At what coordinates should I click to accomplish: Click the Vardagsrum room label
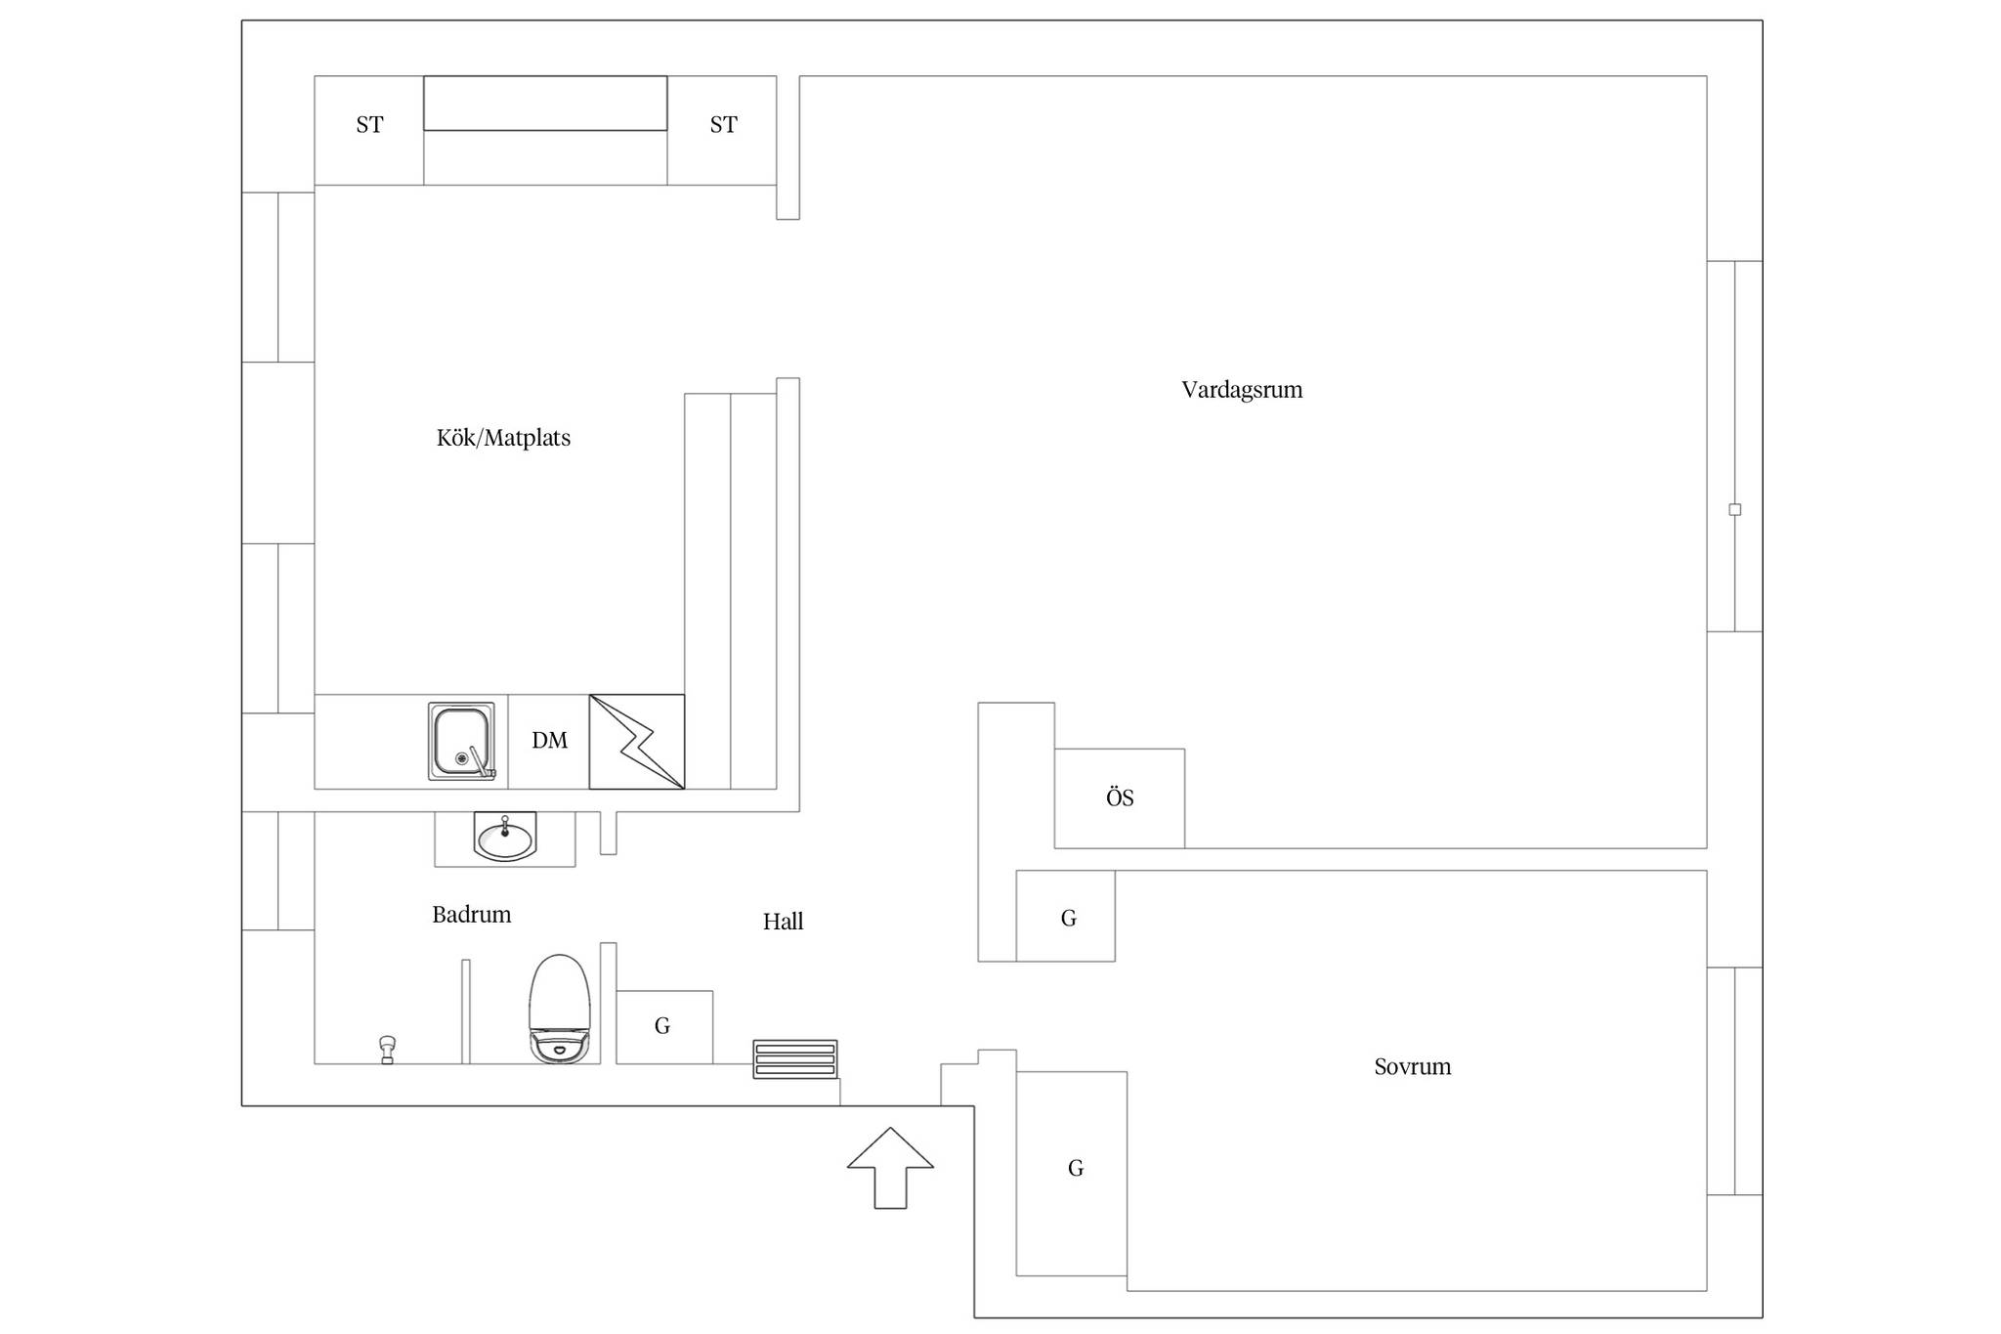click(1242, 390)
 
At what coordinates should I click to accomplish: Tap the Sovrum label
click(1412, 1066)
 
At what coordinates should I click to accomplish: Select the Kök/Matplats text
click(503, 438)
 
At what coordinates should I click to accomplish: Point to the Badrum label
click(472, 915)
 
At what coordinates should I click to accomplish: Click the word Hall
click(783, 922)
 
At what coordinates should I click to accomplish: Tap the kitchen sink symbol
click(461, 741)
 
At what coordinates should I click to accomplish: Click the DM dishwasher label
click(549, 741)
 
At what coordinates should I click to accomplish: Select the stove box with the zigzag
click(637, 742)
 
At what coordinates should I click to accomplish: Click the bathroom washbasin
click(505, 837)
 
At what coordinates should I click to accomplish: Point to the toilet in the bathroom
click(560, 1009)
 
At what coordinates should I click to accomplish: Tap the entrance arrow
click(890, 1168)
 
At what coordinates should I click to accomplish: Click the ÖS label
click(1120, 797)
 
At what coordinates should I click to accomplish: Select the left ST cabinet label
click(369, 125)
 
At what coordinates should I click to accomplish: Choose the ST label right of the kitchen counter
click(723, 125)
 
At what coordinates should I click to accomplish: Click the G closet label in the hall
click(662, 1026)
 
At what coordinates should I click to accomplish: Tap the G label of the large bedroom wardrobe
click(1076, 1168)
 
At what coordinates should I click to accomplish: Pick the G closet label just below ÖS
click(1069, 919)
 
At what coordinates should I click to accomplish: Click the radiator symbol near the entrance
click(795, 1059)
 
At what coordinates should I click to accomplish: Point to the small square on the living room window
click(1735, 509)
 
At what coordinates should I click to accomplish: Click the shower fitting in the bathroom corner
click(387, 1049)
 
